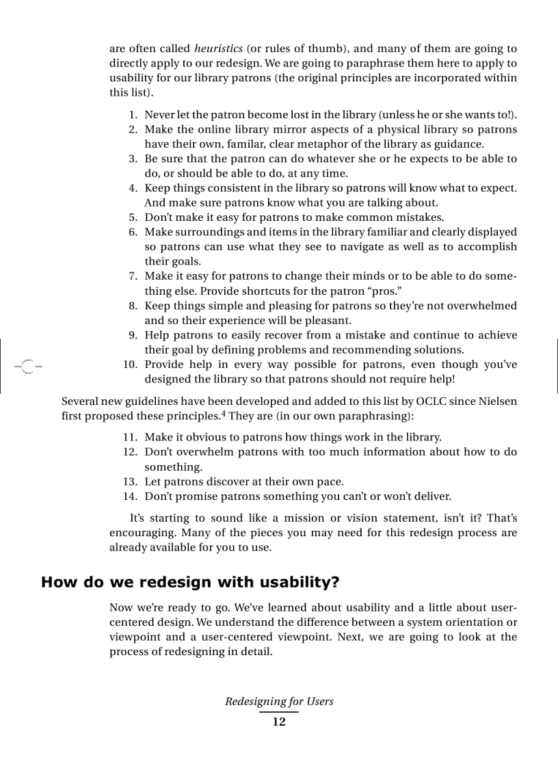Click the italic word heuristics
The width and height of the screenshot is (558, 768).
click(x=218, y=49)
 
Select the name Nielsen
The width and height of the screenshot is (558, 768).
click(x=497, y=401)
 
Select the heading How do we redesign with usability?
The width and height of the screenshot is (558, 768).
click(x=191, y=583)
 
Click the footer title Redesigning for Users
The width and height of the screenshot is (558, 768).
click(x=279, y=702)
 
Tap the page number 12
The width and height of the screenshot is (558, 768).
click(x=279, y=722)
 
